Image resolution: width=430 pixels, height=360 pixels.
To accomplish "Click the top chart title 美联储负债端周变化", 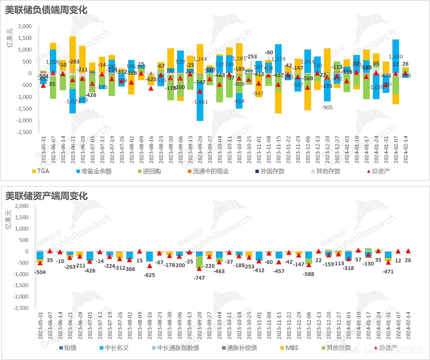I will point(46,10).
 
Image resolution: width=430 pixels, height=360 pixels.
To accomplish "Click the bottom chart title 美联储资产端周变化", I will point(46,196).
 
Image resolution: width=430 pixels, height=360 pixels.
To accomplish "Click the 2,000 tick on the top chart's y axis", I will point(25,26).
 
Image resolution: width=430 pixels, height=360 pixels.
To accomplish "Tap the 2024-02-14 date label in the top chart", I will point(406,149).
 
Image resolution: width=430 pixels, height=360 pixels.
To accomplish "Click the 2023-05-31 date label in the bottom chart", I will point(40,326).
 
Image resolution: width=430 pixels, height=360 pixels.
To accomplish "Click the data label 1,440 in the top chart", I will point(396,57).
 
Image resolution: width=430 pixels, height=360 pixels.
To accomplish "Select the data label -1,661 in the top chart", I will point(200,102).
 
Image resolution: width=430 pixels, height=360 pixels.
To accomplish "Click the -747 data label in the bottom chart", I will point(199,278).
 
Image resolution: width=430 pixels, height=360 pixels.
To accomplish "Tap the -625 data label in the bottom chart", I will point(149,275).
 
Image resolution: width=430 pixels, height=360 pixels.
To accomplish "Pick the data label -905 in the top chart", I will point(327,107).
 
